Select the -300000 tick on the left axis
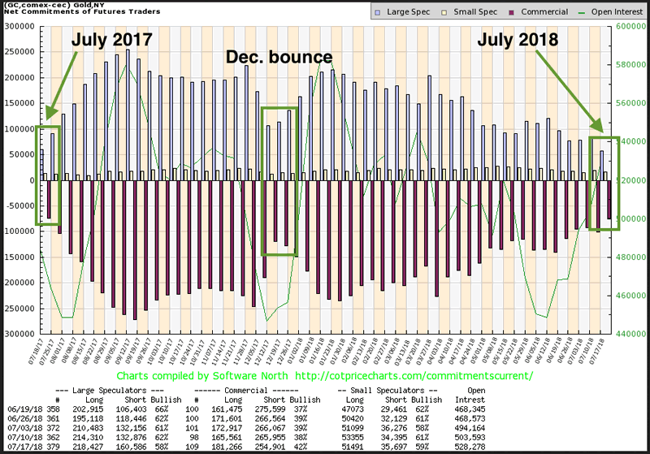(18, 333)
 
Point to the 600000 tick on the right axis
(630, 26)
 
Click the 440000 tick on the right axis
(630, 333)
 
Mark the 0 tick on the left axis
(32, 179)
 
